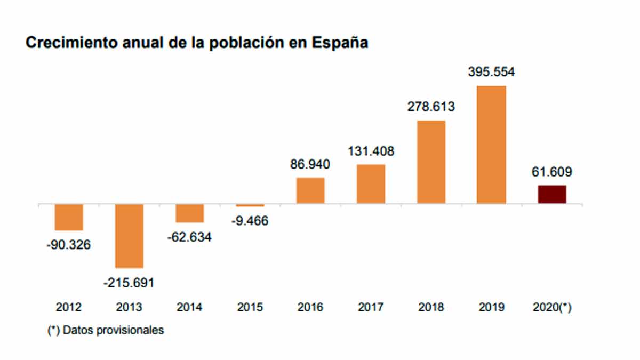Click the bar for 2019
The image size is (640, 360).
491,145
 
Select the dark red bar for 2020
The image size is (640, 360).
552,194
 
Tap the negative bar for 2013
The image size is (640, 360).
130,236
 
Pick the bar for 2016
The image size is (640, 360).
310,190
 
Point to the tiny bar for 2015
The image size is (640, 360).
250,205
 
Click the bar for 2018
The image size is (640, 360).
431,162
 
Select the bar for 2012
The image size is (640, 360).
69,217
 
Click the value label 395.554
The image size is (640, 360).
491,72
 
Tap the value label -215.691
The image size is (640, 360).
129,282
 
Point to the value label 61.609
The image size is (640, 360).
551,172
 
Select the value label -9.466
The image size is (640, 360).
250,221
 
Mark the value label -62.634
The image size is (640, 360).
189,237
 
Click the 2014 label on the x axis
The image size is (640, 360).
189,308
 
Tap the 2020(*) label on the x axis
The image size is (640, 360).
552,308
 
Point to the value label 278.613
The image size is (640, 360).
431,107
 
